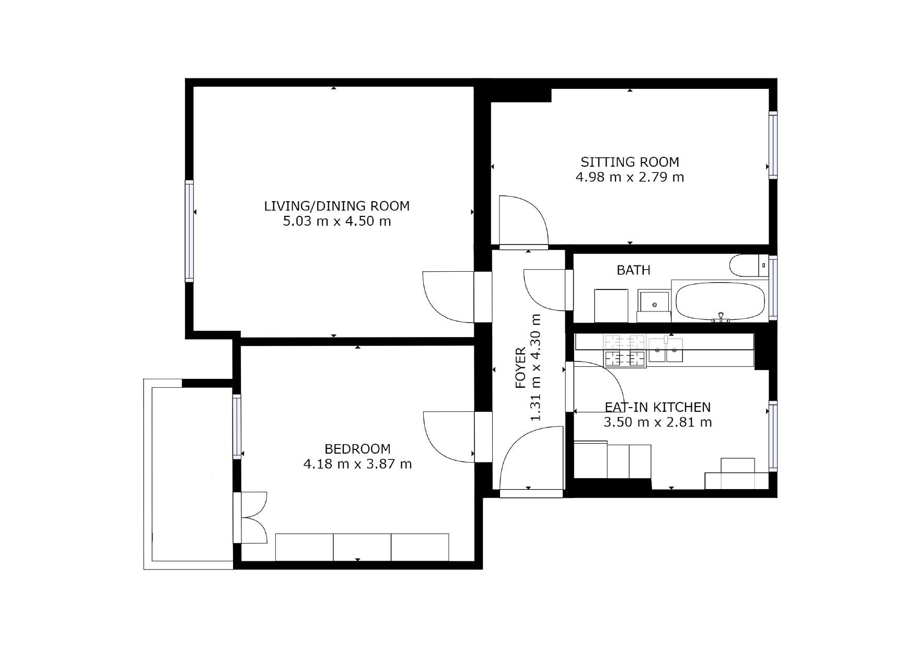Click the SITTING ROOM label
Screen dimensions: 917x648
tap(630, 162)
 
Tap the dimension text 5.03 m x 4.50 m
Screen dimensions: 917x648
tap(337, 221)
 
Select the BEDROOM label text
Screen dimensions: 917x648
tap(357, 449)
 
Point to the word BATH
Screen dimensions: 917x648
tap(633, 270)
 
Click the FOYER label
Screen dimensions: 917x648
tap(521, 368)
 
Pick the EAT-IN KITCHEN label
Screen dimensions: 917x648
tap(657, 407)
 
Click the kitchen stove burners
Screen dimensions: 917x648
tap(625, 351)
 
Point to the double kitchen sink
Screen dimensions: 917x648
tap(666, 350)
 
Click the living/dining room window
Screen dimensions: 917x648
tap(189, 232)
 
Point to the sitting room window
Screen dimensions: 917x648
tap(773, 145)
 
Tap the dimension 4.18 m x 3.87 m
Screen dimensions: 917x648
tap(357, 464)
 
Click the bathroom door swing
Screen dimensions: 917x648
tap(544, 290)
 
